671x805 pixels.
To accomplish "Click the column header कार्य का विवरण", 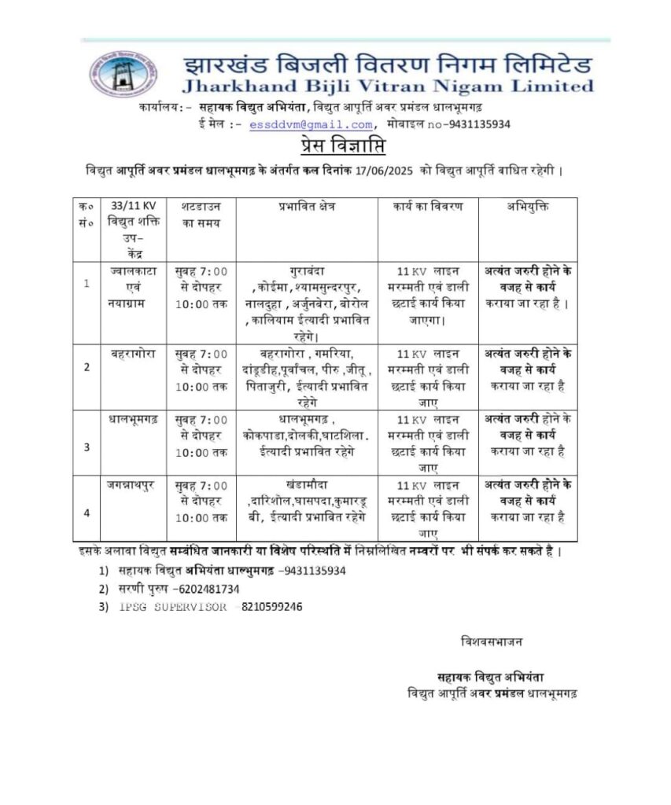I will click(428, 206).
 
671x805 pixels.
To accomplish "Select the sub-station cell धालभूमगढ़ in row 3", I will click(133, 418).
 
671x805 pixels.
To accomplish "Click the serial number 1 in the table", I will click(86, 283).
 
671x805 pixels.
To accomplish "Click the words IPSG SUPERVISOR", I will click(173, 606).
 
